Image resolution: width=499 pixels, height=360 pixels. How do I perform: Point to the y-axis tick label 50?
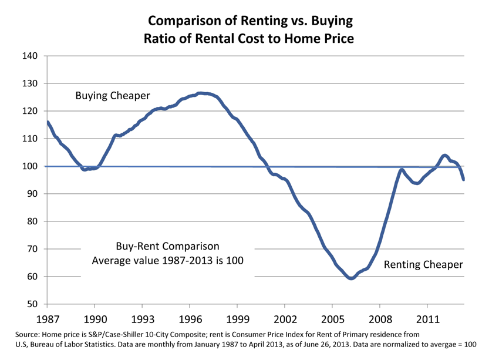[32, 304]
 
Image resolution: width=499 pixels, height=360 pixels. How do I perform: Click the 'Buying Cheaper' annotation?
[113, 96]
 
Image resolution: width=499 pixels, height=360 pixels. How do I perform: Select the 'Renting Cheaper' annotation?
[423, 265]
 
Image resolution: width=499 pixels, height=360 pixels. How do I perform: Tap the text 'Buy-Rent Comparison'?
[167, 246]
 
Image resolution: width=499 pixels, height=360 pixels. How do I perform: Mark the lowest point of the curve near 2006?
[350, 278]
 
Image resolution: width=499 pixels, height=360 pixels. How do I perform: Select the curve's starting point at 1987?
[47, 122]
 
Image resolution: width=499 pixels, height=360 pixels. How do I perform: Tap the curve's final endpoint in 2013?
[464, 180]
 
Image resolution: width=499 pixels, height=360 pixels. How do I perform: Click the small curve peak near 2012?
[444, 156]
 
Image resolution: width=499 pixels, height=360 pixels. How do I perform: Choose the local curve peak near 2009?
[402, 170]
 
